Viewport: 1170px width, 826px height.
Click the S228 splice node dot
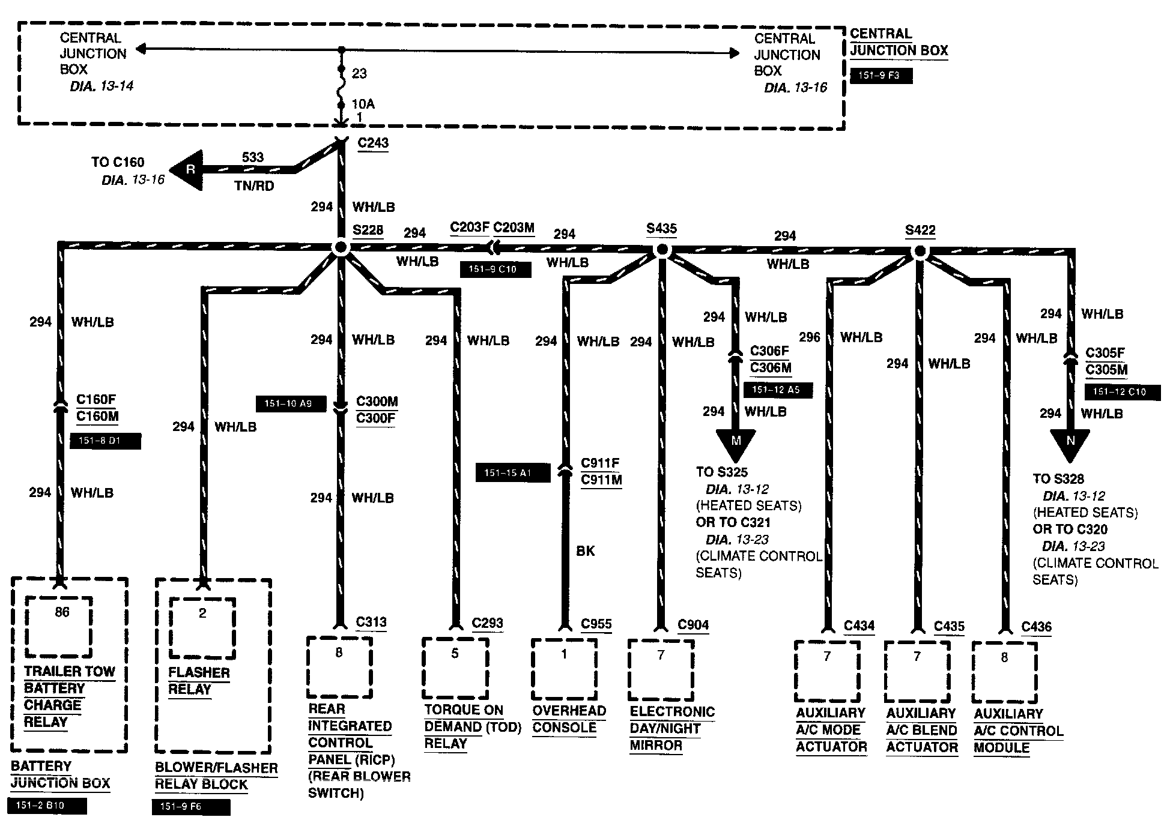pos(341,248)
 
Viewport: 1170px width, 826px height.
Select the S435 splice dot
pos(661,249)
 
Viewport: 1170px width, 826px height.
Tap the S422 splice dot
pos(920,252)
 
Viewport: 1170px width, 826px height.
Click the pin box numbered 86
pos(59,627)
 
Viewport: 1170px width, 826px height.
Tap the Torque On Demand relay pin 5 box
pos(455,668)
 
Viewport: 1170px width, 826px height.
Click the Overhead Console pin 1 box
pos(564,668)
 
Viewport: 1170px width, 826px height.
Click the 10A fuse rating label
pos(363,104)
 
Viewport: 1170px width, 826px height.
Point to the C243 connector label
pos(373,143)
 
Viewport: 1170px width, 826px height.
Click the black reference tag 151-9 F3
pos(881,76)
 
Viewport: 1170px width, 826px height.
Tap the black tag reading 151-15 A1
pos(512,473)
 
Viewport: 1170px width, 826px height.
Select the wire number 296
pos(809,337)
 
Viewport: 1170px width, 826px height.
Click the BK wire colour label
pos(585,550)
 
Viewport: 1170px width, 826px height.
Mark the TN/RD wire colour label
pos(254,186)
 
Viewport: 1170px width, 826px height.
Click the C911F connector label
pos(600,463)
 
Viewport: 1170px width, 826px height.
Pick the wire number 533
pos(253,157)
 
